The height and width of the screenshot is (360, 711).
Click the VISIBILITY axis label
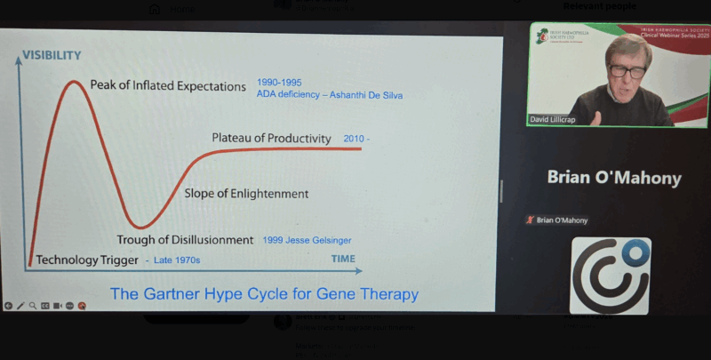coord(52,55)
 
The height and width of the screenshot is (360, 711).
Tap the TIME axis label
coord(343,259)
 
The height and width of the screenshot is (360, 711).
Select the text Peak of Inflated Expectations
coord(168,86)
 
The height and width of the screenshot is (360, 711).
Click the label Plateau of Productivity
coord(271,138)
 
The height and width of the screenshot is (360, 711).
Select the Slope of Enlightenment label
coord(246,193)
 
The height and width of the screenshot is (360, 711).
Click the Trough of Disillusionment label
coord(186,239)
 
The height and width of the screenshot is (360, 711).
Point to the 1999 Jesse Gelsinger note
coord(308,240)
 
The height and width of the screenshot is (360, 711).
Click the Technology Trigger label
coord(87,260)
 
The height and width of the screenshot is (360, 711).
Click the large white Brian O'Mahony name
coord(614,178)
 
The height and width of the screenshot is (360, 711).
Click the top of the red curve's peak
coord(72,82)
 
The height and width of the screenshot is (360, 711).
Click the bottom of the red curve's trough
coord(140,228)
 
